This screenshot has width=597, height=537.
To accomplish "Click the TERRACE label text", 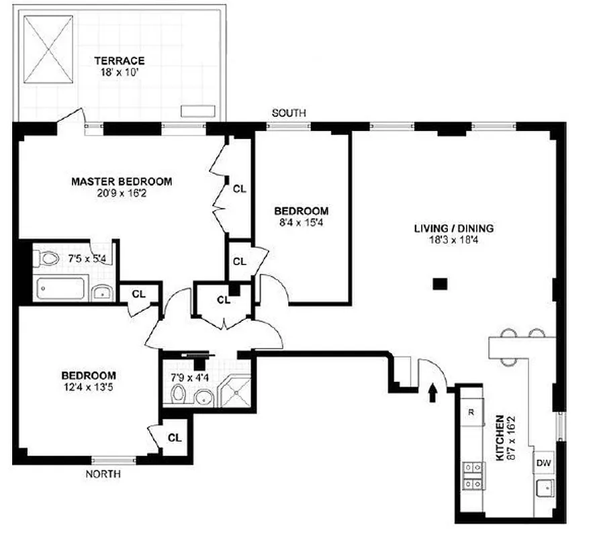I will [x=120, y=60].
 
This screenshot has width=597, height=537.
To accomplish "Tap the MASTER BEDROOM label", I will [x=122, y=181].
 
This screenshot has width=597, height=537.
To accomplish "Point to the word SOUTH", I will [x=289, y=113].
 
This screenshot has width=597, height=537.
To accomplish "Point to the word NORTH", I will [x=103, y=474].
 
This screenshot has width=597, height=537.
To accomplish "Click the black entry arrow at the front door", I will [x=431, y=391].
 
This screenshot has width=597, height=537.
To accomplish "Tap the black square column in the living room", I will [x=440, y=284].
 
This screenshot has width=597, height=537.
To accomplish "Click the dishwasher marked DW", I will [x=543, y=463].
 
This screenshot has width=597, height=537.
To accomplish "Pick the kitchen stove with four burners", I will [x=472, y=475].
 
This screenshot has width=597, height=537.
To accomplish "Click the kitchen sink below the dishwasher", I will [x=544, y=488].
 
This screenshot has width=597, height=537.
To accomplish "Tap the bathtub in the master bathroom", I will [x=61, y=289].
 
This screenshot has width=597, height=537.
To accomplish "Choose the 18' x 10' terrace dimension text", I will [x=120, y=72].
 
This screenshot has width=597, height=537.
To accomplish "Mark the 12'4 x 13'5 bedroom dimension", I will [x=89, y=387].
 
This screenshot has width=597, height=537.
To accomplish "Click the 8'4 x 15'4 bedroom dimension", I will [x=306, y=222].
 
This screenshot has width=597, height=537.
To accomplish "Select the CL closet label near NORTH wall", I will [x=175, y=438].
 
